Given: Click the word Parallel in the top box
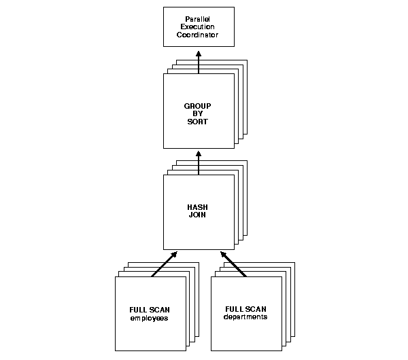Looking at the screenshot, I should pos(199,18).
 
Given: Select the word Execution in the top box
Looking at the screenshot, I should pos(199,26).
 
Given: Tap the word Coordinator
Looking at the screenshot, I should pos(199,34).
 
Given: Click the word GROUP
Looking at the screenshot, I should pos(198,106).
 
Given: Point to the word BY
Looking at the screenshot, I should pos(198,113).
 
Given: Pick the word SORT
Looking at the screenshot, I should pos(198,122).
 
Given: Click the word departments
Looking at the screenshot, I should pos(245,317).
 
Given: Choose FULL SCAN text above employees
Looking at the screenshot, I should pos(149,310).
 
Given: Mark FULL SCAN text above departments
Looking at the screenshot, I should pos(245,309).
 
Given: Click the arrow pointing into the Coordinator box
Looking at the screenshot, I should pos(199,61).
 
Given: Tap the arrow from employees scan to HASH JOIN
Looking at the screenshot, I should pos(164,264).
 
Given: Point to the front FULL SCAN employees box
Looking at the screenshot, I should pos(149,333).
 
